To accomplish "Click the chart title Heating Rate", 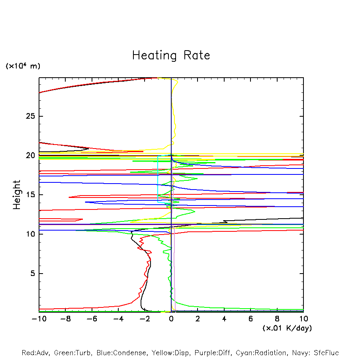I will pos(171,55).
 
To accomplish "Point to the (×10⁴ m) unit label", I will pos(23,66).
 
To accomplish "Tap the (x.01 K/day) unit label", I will pos(287,328).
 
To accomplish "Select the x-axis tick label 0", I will pos(171,319).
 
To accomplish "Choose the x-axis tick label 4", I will pos(224,319).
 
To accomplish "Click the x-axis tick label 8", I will pos(277,319).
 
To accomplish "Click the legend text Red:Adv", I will pos(35,353).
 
